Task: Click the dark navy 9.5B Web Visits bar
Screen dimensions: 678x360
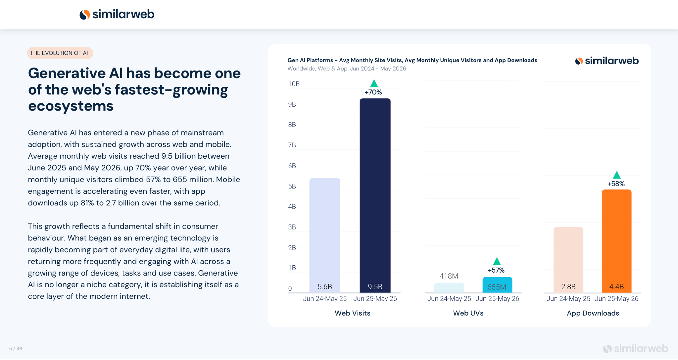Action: pos(375,195)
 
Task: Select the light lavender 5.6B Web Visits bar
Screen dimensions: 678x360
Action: pos(325,235)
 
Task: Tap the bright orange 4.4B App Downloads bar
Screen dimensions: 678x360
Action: pos(616,241)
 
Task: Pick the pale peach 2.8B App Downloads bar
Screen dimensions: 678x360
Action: pos(568,260)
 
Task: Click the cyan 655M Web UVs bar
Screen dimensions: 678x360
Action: pos(497,285)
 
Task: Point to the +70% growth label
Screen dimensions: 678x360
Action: pos(373,92)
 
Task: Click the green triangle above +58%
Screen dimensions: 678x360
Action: pos(616,175)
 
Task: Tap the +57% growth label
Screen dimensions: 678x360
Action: pos(496,270)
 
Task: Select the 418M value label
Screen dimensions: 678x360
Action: pos(449,276)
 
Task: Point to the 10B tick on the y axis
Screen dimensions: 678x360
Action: pos(294,84)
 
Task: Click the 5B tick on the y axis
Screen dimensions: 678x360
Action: pos(292,186)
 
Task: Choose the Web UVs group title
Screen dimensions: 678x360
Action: pos(468,313)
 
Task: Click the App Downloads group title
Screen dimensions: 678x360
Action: pos(593,313)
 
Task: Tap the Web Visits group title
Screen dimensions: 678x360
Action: pos(353,313)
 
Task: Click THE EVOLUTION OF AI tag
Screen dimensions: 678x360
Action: pos(60,53)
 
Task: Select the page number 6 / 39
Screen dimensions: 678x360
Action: pos(16,348)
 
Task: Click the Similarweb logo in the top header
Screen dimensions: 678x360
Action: pos(117,14)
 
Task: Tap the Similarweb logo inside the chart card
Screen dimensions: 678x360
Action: pos(607,61)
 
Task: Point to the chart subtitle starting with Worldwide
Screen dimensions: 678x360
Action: pos(347,69)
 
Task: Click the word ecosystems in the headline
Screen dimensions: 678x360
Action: pos(71,106)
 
